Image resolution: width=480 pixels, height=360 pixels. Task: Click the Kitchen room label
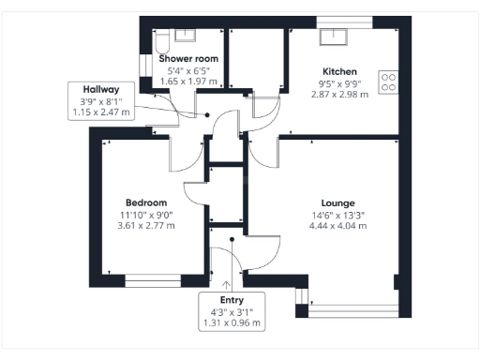(x=337, y=72)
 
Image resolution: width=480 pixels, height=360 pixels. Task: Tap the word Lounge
(x=337, y=202)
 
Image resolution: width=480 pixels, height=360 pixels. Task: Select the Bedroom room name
(x=146, y=202)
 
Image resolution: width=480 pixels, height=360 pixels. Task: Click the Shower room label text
(x=193, y=59)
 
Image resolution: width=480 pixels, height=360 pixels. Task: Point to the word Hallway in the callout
(x=101, y=90)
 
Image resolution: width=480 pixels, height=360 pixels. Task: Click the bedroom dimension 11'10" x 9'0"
(x=146, y=214)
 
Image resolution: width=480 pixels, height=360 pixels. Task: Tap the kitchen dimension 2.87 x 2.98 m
(x=337, y=95)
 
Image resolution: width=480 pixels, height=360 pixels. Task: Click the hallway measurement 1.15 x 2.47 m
(x=101, y=112)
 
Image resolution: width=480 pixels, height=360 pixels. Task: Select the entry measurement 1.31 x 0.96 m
(x=232, y=322)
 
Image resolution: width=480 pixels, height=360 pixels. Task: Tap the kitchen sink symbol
(x=334, y=37)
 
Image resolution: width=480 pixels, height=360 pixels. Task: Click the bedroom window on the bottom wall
(x=153, y=278)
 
